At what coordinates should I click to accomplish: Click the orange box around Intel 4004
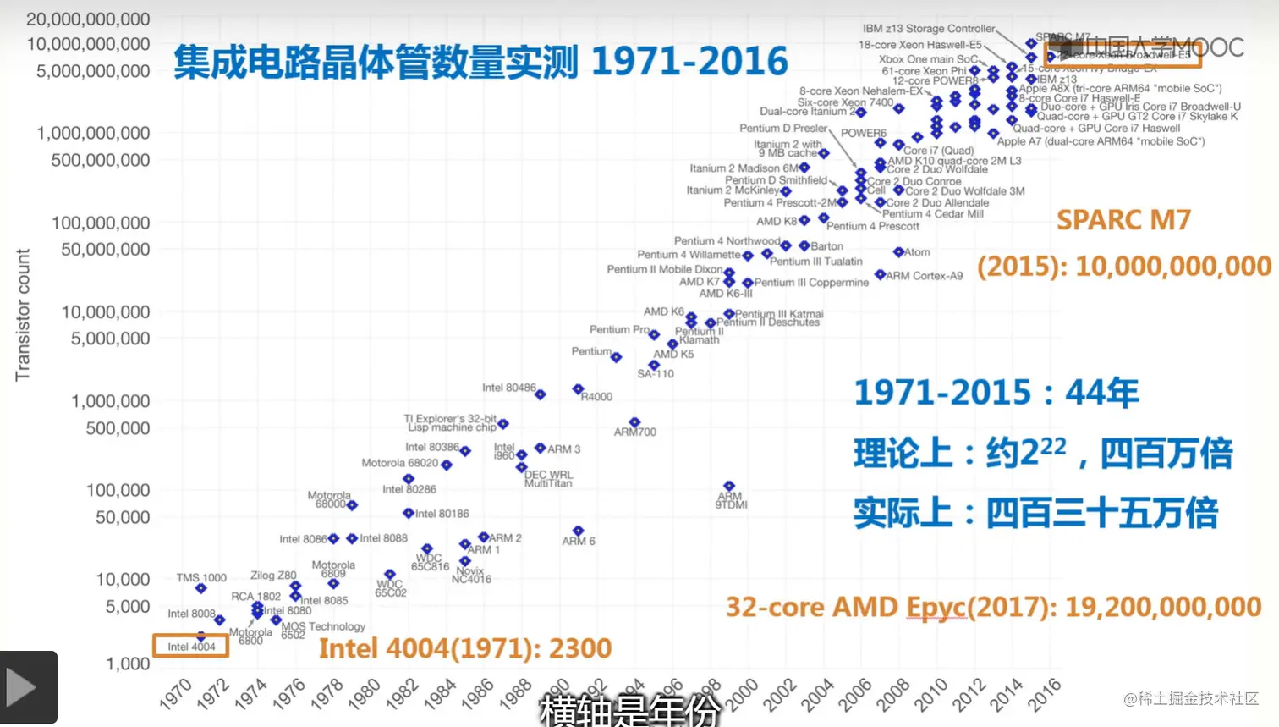tap(190, 646)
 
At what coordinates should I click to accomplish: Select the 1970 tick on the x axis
tap(176, 693)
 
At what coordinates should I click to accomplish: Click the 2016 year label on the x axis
tap(1044, 694)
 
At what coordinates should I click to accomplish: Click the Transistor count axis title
tap(23, 314)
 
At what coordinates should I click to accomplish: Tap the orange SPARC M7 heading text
tap(1123, 220)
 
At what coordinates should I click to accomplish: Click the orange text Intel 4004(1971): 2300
tap(464, 648)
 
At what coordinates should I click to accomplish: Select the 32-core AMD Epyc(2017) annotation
tap(993, 607)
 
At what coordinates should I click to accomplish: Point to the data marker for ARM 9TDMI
tap(729, 487)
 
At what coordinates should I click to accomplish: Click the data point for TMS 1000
tap(200, 588)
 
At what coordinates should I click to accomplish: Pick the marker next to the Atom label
tap(898, 251)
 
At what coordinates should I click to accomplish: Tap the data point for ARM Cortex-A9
tap(880, 275)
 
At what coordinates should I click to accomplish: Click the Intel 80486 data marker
tap(540, 394)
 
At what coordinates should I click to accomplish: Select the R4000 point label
tap(596, 397)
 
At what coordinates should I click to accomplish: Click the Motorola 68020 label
tap(399, 463)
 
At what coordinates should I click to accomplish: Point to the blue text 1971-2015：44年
tap(996, 393)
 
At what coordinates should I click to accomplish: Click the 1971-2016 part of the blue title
tap(689, 62)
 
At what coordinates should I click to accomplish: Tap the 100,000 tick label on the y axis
tap(118, 490)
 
